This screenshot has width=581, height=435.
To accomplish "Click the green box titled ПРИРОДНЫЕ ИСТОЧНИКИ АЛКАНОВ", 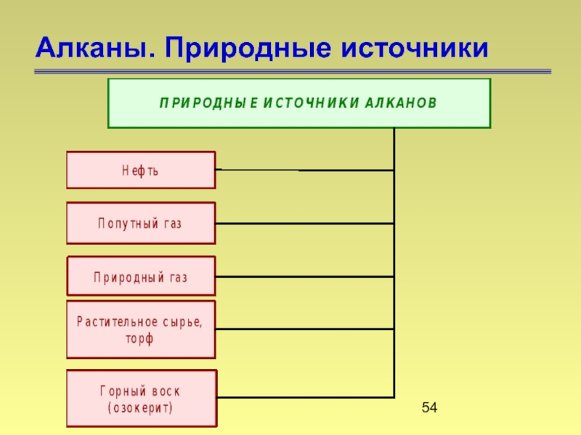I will click(x=298, y=103).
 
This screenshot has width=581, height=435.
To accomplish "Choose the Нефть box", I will click(x=141, y=170).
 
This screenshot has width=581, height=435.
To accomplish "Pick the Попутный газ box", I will click(x=141, y=223).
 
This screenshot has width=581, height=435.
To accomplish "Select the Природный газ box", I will click(x=141, y=277).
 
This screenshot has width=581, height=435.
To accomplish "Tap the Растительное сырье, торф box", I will click(x=141, y=330).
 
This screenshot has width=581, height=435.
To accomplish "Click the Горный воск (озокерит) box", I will click(x=141, y=399).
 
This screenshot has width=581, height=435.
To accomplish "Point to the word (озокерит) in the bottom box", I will click(x=140, y=407).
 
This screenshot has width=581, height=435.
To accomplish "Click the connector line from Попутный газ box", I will click(x=305, y=223).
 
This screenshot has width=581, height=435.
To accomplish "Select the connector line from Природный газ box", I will click(x=305, y=276).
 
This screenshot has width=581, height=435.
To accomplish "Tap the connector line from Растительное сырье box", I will click(x=305, y=329).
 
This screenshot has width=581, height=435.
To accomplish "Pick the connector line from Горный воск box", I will click(x=305, y=397).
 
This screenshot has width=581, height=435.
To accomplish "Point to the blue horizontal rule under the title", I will click(x=290, y=71).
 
